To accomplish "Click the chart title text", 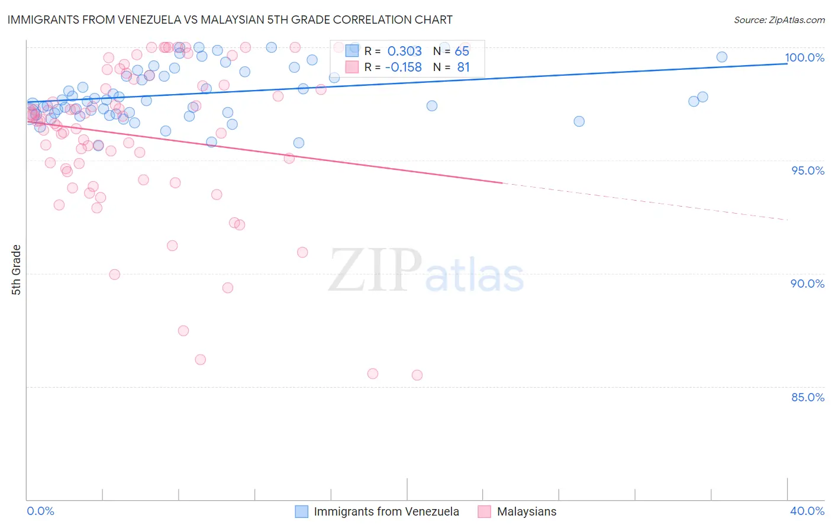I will click(230, 20).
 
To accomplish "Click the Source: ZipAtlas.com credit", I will click(779, 20).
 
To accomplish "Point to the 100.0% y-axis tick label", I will click(804, 57).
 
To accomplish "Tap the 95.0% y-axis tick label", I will click(808, 170).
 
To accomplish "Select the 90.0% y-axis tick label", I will click(808, 284).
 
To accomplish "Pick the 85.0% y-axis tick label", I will click(808, 397).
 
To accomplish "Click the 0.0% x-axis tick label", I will click(40, 511).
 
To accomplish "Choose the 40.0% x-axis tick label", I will click(807, 511).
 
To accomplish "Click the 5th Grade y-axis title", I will click(17, 270).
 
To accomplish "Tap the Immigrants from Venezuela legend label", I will click(386, 511).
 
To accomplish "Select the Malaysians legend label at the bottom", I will click(527, 511).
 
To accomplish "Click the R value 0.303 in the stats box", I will click(405, 51).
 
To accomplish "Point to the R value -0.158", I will click(403, 67).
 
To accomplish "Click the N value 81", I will click(463, 67).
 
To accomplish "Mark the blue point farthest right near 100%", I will click(722, 57).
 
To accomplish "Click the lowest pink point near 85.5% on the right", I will click(417, 375).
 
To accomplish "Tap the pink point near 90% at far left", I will click(115, 274).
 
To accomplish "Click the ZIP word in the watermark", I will click(375, 271).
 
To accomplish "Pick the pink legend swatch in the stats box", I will click(352, 67).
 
